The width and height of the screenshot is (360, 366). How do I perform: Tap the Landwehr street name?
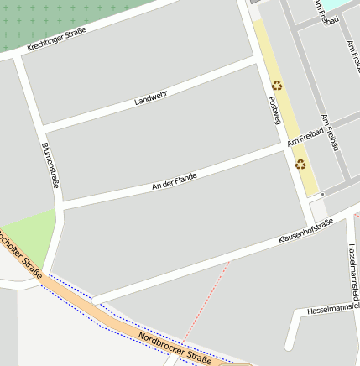pos(151,97)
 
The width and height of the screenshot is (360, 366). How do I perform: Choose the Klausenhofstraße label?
pos(305,231)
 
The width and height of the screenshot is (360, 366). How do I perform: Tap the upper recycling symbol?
pos(277,85)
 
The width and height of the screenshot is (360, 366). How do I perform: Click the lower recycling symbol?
pos(300,165)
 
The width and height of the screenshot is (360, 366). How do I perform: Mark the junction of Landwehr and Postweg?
pos(255,60)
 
